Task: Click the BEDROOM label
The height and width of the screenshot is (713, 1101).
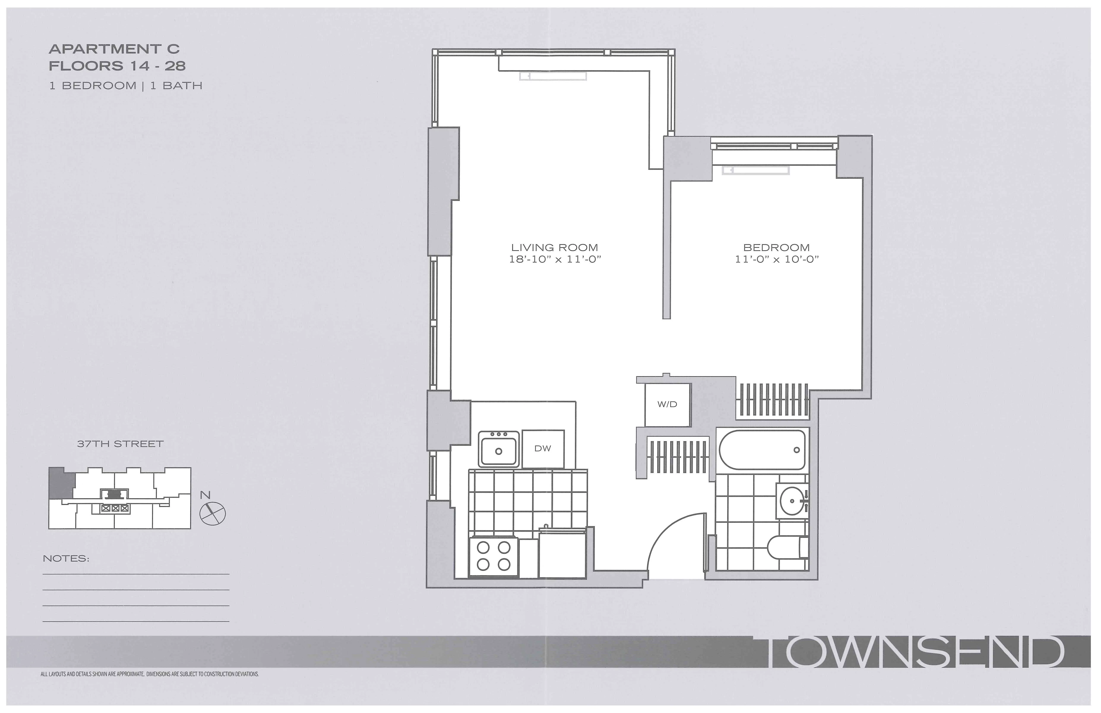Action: [x=776, y=248]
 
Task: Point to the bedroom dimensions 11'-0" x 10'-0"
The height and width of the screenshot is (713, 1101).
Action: [x=776, y=260]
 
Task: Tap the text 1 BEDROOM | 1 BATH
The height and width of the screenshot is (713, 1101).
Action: [x=125, y=86]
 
